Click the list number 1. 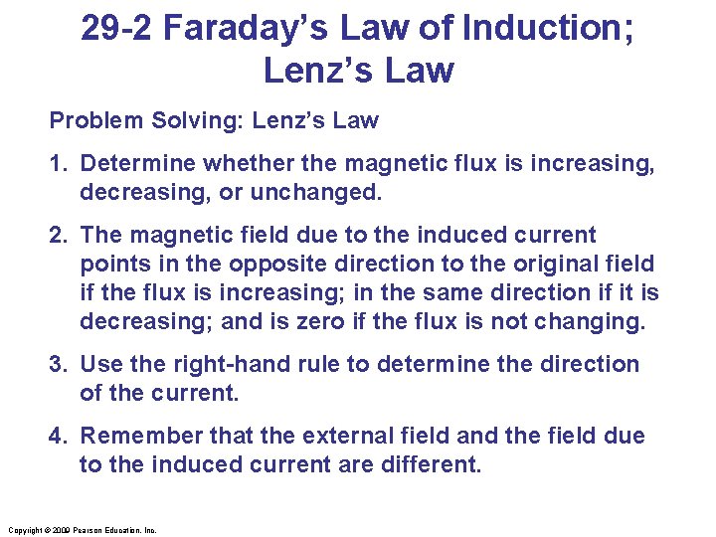57,163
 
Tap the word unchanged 325,191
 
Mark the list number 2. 57,235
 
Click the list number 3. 57,364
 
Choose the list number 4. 57,436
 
